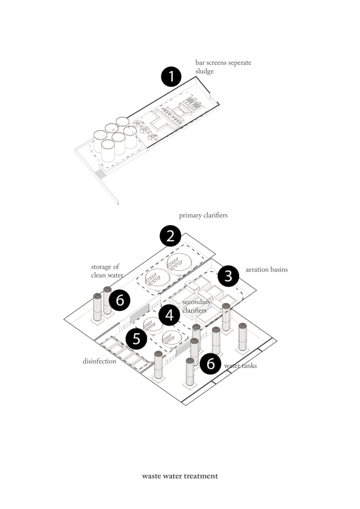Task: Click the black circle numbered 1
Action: tap(171, 77)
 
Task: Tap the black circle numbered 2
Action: tap(170, 236)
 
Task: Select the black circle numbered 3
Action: tap(228, 276)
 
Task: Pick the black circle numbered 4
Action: tap(169, 315)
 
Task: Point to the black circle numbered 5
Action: tap(136, 339)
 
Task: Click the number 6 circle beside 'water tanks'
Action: tap(210, 364)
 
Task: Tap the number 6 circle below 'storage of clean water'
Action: tap(119, 300)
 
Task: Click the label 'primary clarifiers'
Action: tap(203, 215)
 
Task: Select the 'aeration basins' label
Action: tap(267, 269)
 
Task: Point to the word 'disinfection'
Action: tap(99, 361)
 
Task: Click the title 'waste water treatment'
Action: tap(180, 476)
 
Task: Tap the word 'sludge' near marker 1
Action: tap(204, 72)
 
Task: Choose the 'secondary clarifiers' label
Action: tap(196, 306)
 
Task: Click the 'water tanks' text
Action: tap(241, 366)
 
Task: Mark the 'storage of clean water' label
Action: tap(107, 271)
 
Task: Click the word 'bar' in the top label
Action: tap(200, 63)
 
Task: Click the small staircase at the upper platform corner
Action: tap(99, 173)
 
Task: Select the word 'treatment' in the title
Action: tap(201, 476)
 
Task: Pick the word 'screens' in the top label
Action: tap(215, 63)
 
